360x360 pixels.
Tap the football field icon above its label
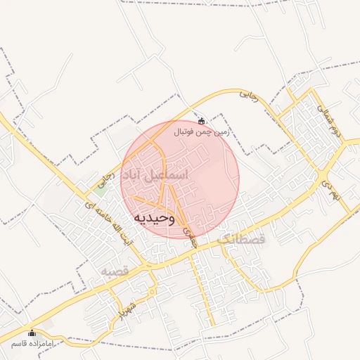(x=202, y=121)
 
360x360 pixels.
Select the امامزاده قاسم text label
(x=32, y=344)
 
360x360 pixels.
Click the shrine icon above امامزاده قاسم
(x=31, y=333)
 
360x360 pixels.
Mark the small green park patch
(x=102, y=186)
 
